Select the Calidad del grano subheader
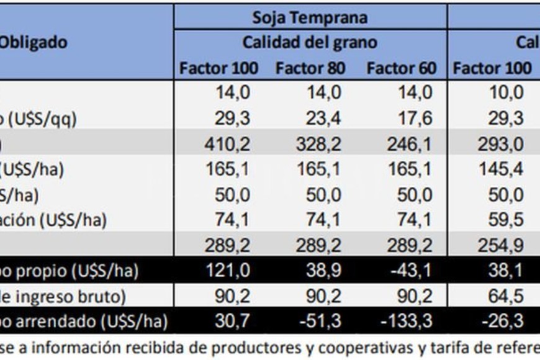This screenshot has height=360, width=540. (x=309, y=42)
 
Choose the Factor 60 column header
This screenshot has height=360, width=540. (x=402, y=68)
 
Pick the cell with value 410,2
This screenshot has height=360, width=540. (x=227, y=144)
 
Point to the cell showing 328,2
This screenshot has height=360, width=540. (x=318, y=144)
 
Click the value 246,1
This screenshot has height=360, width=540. (x=409, y=144)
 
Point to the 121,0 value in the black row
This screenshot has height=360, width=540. (x=227, y=271)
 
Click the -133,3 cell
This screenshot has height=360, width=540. (x=405, y=322)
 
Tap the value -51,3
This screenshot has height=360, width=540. (x=318, y=322)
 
